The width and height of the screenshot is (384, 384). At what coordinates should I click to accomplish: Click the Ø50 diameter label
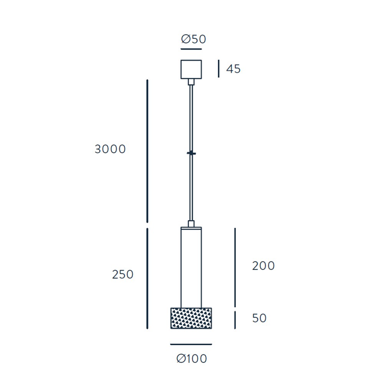pyautogui.click(x=194, y=39)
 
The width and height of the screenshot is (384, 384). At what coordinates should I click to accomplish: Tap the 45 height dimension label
pyautogui.click(x=233, y=69)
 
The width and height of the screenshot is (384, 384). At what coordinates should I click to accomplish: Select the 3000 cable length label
pyautogui.click(x=110, y=149)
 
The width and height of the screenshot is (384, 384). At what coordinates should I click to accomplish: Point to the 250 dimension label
pyautogui.click(x=123, y=275)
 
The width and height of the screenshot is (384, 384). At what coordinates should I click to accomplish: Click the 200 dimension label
pyautogui.click(x=263, y=266)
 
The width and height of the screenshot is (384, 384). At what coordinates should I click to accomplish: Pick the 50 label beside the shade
pyautogui.click(x=259, y=318)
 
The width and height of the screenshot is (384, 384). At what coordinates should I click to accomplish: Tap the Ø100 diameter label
pyautogui.click(x=192, y=359)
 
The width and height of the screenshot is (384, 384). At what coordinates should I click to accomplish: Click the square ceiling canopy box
pyautogui.click(x=191, y=69)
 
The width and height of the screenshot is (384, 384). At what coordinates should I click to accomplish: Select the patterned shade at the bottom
pyautogui.click(x=191, y=318)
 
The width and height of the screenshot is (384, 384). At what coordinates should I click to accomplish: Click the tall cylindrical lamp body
pyautogui.click(x=191, y=267)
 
